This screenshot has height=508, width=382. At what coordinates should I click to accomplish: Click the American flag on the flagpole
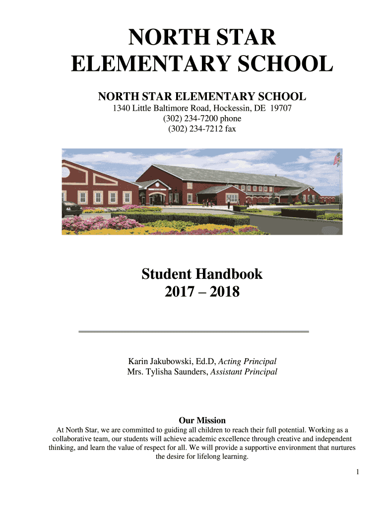tap(337, 159)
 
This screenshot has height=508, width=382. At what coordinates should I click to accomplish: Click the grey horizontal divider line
tap(194, 331)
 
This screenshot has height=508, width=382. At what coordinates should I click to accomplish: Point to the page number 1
tap(357, 472)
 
